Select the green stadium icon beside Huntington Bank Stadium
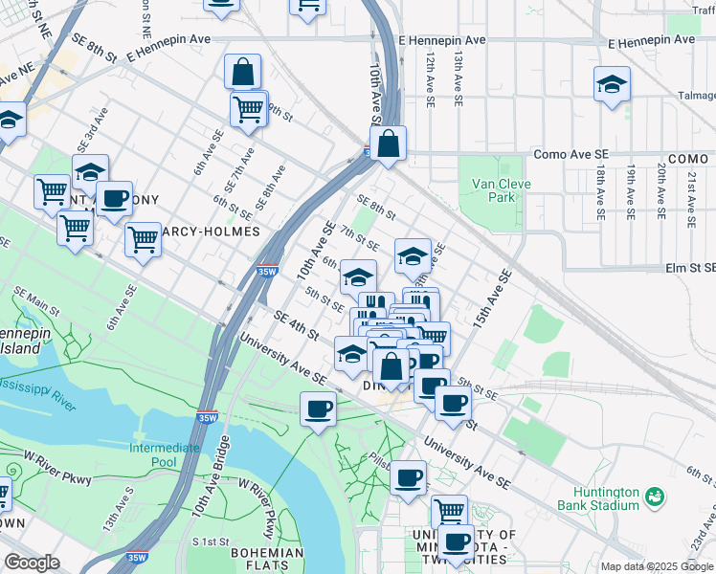point(655,497)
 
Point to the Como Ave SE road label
point(571,153)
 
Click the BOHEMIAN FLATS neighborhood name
point(267,560)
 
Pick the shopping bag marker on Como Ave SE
point(389,145)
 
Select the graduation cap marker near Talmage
point(612,86)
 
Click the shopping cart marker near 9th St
point(249,109)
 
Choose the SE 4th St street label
point(295,324)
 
